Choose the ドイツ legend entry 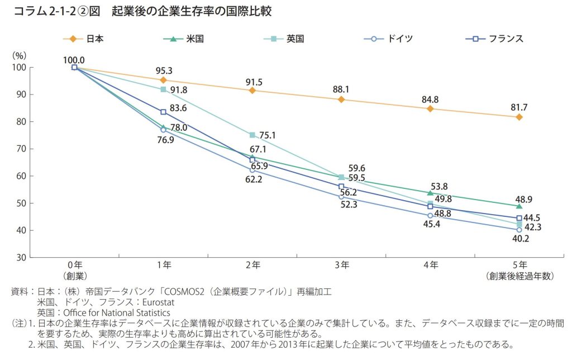[x=388, y=39]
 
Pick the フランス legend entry [x=494, y=39]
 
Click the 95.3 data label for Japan [x=163, y=71]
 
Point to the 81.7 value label [x=519, y=108]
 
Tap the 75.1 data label [x=271, y=135]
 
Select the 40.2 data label [x=519, y=239]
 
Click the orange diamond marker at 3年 [x=341, y=100]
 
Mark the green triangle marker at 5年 [x=519, y=206]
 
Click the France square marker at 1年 [x=163, y=112]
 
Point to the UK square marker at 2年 [x=252, y=135]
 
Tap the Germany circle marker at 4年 [x=430, y=215]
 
